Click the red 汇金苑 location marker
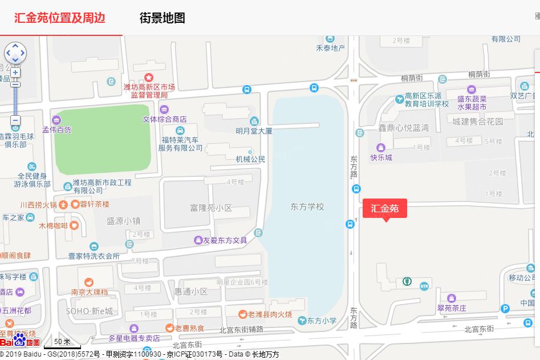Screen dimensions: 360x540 tap(385, 208)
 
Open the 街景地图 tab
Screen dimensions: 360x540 tap(163, 18)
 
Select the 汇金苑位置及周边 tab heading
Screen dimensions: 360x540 tap(60, 18)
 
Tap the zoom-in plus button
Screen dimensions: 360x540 tap(15, 72)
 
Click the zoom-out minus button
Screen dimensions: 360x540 tap(15, 120)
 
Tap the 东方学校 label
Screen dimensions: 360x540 tap(307, 207)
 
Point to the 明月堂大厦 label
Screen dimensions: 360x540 tap(254, 131)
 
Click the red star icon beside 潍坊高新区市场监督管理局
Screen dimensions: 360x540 tap(149, 77)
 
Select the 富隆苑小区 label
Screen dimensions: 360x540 tap(211, 208)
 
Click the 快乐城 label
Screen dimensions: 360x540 tap(381, 157)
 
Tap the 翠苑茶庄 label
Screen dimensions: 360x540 tap(452, 308)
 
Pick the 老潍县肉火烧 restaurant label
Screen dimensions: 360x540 tap(269, 314)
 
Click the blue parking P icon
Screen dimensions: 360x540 tap(505, 309)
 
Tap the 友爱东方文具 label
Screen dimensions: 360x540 tap(224, 240)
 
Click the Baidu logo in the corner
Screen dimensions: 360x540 tap(20, 341)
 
